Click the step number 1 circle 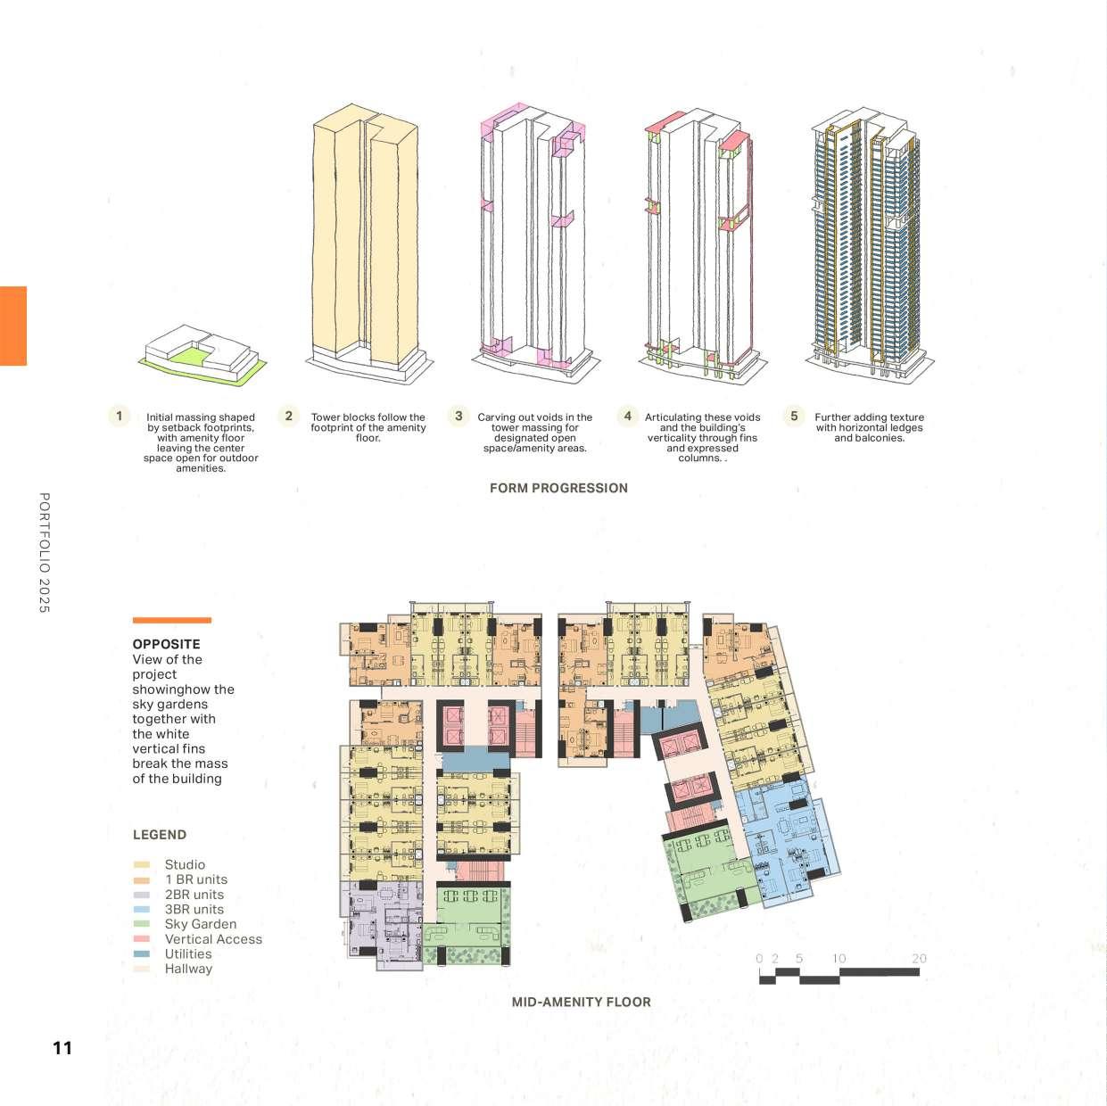119,416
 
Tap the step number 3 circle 458,416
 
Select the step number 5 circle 794,416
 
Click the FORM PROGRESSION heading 558,488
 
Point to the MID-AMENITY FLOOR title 581,1002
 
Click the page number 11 62,1048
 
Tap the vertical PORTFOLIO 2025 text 45,552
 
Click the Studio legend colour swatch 141,864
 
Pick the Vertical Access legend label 213,939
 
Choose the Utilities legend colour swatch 141,953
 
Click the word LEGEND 160,835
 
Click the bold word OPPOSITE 166,644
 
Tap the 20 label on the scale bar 919,959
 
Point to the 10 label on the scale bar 839,959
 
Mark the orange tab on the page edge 13,326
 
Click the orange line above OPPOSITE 171,620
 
